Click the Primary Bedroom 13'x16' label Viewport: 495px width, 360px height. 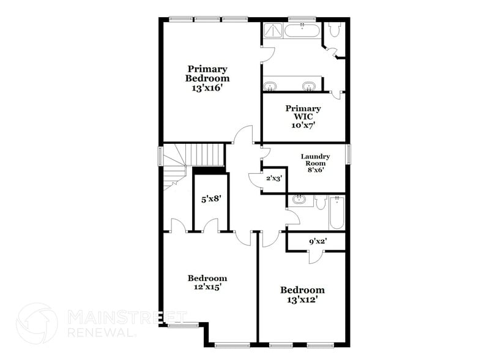pos(207,78)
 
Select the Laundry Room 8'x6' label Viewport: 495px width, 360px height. pos(315,163)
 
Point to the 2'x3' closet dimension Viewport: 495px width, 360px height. pos(273,178)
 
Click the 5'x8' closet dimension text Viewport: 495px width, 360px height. pos(210,198)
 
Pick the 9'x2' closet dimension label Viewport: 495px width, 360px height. pos(318,241)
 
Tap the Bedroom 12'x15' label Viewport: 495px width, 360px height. pos(207,282)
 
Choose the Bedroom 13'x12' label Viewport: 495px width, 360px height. pos(302,294)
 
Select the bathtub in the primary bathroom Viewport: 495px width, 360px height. pos(302,31)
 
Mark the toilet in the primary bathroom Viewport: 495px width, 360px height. pos(334,30)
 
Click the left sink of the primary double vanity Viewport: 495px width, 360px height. pos(270,85)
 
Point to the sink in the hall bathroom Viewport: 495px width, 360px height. pos(300,200)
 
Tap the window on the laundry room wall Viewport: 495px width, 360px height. pos(348,154)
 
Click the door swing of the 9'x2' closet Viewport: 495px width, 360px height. pos(314,255)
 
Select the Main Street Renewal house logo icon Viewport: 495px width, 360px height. pos(37,323)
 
